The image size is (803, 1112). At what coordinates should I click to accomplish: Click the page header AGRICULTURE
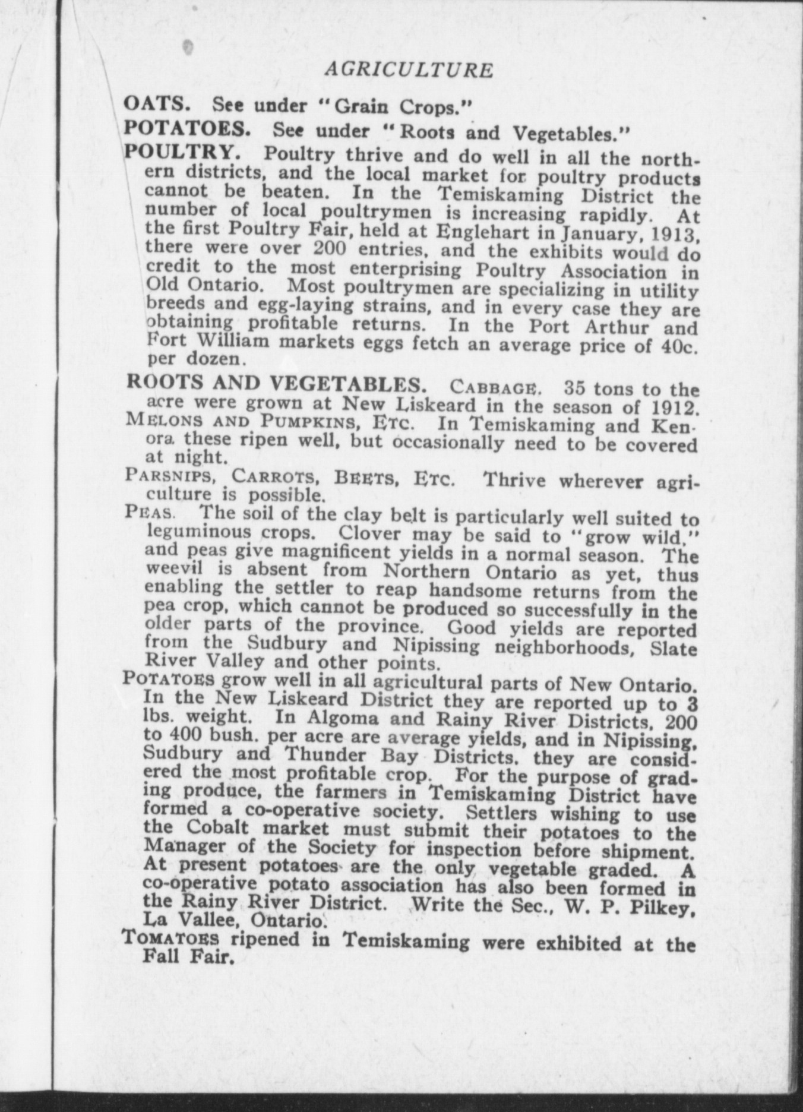click(x=409, y=70)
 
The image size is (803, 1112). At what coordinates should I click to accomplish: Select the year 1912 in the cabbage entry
click(x=672, y=409)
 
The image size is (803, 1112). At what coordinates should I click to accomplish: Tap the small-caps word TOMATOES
click(x=171, y=939)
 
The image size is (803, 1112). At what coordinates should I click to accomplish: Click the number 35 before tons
click(x=576, y=388)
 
